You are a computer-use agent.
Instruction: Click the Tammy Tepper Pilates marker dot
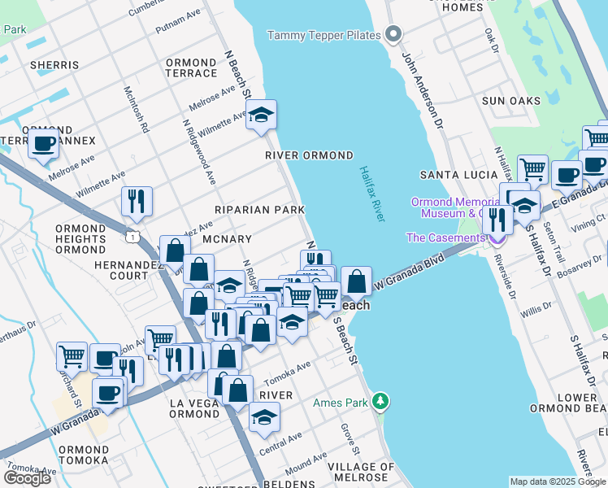click(x=394, y=34)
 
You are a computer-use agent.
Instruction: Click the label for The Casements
click(x=445, y=237)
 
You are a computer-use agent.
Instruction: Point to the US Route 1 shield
click(x=132, y=236)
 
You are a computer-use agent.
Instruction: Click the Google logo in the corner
click(x=27, y=477)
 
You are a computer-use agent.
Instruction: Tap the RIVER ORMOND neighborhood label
click(x=309, y=155)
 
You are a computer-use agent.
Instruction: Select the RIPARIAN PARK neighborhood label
click(x=258, y=210)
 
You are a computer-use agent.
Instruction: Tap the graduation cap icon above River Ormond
click(x=262, y=116)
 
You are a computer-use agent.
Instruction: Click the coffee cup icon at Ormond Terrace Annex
click(x=43, y=144)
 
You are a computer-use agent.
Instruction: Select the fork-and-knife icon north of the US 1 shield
click(x=137, y=200)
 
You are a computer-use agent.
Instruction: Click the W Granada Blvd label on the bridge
click(x=410, y=272)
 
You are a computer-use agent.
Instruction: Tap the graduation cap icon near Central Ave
click(x=263, y=418)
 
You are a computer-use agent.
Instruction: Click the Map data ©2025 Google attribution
click(x=557, y=481)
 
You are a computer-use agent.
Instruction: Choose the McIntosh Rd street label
click(x=136, y=109)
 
